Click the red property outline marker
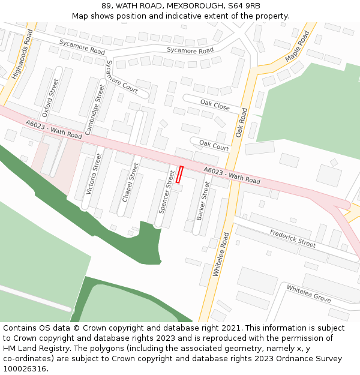click(x=179, y=175)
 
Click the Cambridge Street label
click(x=95, y=109)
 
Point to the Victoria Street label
click(x=94, y=174)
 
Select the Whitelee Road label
click(x=221, y=254)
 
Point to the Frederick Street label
click(x=292, y=238)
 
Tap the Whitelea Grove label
click(x=308, y=293)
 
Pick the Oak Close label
click(x=215, y=106)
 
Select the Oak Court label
click(x=214, y=145)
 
